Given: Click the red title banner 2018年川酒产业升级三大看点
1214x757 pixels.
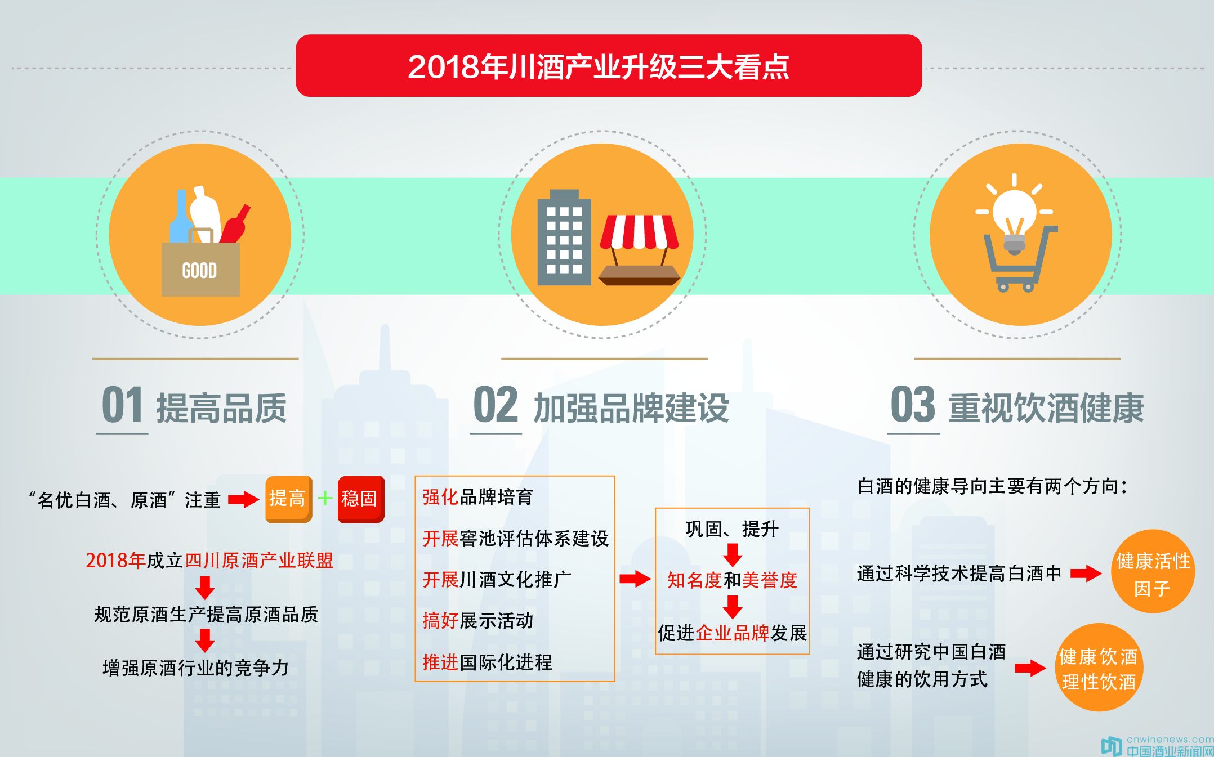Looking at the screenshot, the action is pos(609,66).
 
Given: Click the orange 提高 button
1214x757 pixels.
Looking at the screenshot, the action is pos(288,499).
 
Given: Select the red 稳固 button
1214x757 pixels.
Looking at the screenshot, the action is pos(361,499).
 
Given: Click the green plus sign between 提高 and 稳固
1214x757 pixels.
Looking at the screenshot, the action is pos(325,498).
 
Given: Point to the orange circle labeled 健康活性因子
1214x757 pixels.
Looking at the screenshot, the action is pos(1153,571).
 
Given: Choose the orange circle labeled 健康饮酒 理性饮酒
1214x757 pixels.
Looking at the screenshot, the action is pos(1099,668).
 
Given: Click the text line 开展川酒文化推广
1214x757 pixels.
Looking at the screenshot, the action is pos(497,579).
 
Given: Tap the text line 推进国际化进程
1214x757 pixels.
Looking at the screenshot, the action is pos(487,662).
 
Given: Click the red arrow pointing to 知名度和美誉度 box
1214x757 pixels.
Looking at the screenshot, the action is pos(635,579).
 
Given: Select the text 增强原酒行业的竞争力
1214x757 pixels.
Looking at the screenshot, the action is pos(195,668).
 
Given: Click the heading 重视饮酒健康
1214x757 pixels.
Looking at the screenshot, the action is pos(1046,407).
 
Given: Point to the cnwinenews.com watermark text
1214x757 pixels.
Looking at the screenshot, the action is pos(1170,739).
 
